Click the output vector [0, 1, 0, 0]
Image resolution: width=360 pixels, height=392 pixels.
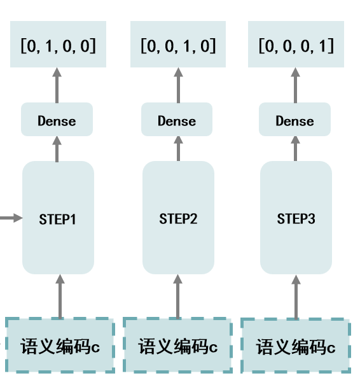[x=58, y=45]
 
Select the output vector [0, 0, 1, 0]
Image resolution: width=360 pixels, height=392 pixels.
[x=178, y=45]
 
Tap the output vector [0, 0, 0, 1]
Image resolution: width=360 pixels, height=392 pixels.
[x=296, y=45]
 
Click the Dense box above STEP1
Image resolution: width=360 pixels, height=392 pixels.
[x=57, y=120]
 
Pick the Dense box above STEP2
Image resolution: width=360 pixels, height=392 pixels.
[x=177, y=120]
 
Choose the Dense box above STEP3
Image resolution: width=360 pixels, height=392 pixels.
[x=295, y=120]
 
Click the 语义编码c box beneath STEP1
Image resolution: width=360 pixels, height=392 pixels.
[x=60, y=346]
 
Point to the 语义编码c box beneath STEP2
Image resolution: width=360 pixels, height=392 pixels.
[x=177, y=346]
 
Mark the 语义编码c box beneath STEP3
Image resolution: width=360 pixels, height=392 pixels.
[x=296, y=347]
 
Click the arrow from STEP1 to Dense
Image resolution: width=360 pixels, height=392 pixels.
[x=57, y=148]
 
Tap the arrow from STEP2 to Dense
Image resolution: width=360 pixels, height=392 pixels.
[x=178, y=148]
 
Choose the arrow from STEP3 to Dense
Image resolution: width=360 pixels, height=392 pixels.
[x=295, y=148]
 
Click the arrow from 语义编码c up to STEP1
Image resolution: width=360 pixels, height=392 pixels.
[x=60, y=296]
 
